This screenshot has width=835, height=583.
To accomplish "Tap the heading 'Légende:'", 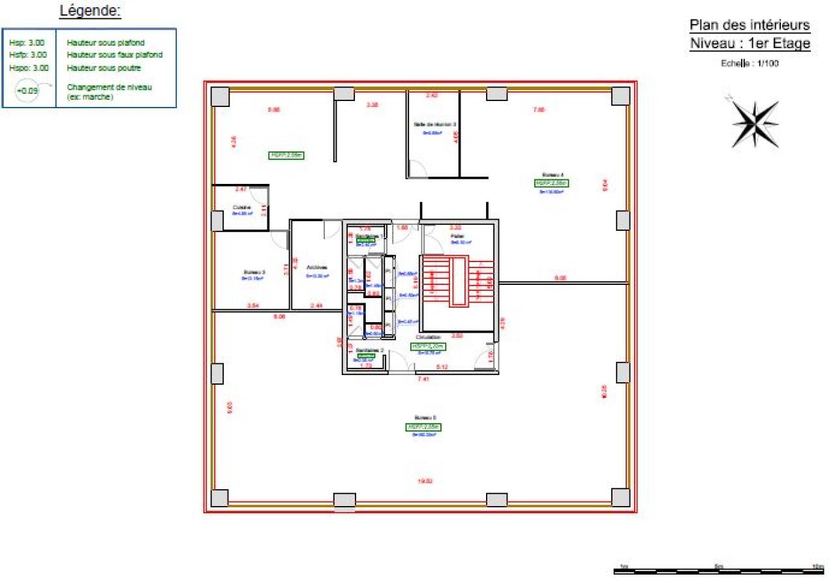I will tap(90, 11).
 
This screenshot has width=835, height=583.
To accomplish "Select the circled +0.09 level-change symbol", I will tap(28, 91).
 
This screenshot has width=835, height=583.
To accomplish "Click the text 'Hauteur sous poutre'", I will tap(104, 68).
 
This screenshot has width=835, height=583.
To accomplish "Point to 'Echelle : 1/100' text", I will tap(750, 64).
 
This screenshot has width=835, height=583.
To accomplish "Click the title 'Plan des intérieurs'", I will tap(750, 25).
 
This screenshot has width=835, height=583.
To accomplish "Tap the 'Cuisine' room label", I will tap(242, 207).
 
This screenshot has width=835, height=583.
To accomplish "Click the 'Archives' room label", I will tap(316, 267).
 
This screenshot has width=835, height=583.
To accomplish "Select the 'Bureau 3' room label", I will tap(254, 273).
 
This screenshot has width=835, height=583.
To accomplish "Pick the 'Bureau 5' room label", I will tap(425, 417).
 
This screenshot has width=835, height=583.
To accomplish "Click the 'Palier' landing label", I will tap(457, 235).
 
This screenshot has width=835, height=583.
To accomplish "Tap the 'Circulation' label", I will tap(429, 337).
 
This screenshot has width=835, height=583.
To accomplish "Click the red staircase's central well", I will tap(459, 281).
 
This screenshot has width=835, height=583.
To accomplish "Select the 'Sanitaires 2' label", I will tap(369, 350).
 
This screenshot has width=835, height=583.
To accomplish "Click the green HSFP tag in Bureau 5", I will tap(424, 427).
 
